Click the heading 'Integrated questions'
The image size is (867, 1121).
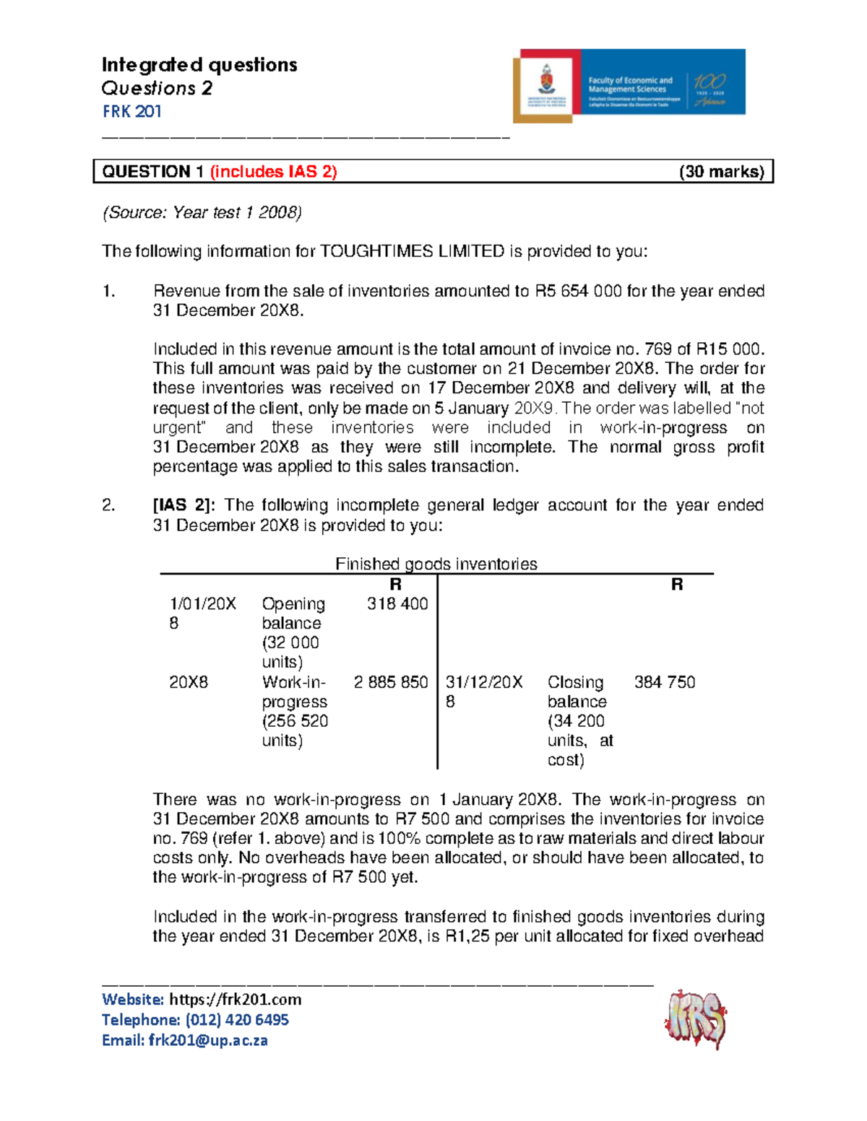[x=199, y=65]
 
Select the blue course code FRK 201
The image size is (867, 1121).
[x=131, y=111]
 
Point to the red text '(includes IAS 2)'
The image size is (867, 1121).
[x=274, y=172]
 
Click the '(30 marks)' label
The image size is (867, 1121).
[x=721, y=172]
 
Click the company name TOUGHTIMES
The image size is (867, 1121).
[x=376, y=251]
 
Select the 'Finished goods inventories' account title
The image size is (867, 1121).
[x=436, y=564]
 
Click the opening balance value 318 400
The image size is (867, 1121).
[x=397, y=603]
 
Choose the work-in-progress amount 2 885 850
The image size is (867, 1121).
[x=391, y=682]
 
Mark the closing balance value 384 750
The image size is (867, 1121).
[x=665, y=682]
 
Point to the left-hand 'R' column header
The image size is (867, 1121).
[x=395, y=585]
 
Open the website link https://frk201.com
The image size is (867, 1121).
[x=235, y=1000]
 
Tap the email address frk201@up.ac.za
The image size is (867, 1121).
[x=208, y=1040]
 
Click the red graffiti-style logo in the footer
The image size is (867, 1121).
[x=694, y=1019]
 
